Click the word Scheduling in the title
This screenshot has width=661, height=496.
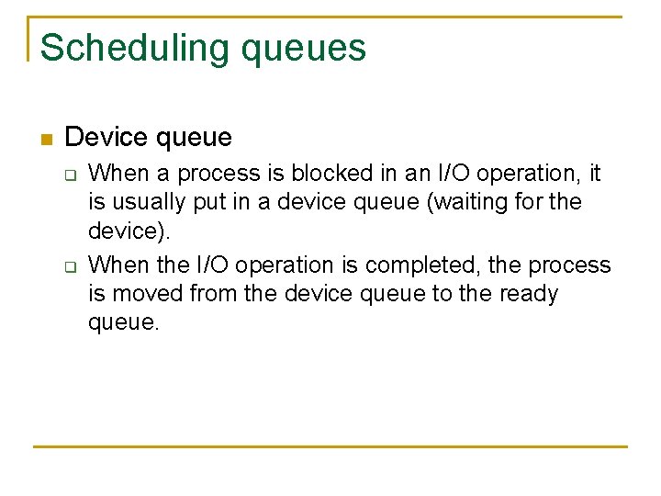point(136,48)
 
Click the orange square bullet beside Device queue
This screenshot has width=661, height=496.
point(45,140)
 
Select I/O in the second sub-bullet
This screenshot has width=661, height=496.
point(216,265)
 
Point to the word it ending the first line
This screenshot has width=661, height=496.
point(594,174)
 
